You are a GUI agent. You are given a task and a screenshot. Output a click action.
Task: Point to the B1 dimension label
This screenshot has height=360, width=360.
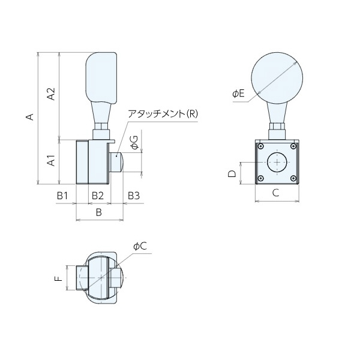point(64,196)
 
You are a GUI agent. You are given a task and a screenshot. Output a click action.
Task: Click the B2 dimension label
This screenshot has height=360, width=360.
point(98,196)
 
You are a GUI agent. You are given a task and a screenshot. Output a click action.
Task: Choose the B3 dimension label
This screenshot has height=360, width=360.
point(133,196)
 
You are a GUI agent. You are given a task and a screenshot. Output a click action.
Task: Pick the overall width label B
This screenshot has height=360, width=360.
point(99,212)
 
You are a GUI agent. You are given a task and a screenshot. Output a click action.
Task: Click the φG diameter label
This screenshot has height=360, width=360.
point(135,142)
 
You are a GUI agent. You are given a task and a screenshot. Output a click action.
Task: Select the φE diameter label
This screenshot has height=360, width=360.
point(238,94)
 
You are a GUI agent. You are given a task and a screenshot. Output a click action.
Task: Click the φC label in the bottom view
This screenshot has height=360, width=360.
point(140,246)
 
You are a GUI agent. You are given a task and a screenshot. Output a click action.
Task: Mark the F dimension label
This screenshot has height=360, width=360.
point(58,279)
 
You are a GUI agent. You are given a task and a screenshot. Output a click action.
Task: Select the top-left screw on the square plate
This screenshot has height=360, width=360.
point(260,146)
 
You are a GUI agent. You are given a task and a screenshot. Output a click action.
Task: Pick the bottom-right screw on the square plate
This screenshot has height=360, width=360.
point(292,178)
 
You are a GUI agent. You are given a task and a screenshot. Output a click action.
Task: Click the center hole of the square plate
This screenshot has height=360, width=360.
point(277,162)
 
